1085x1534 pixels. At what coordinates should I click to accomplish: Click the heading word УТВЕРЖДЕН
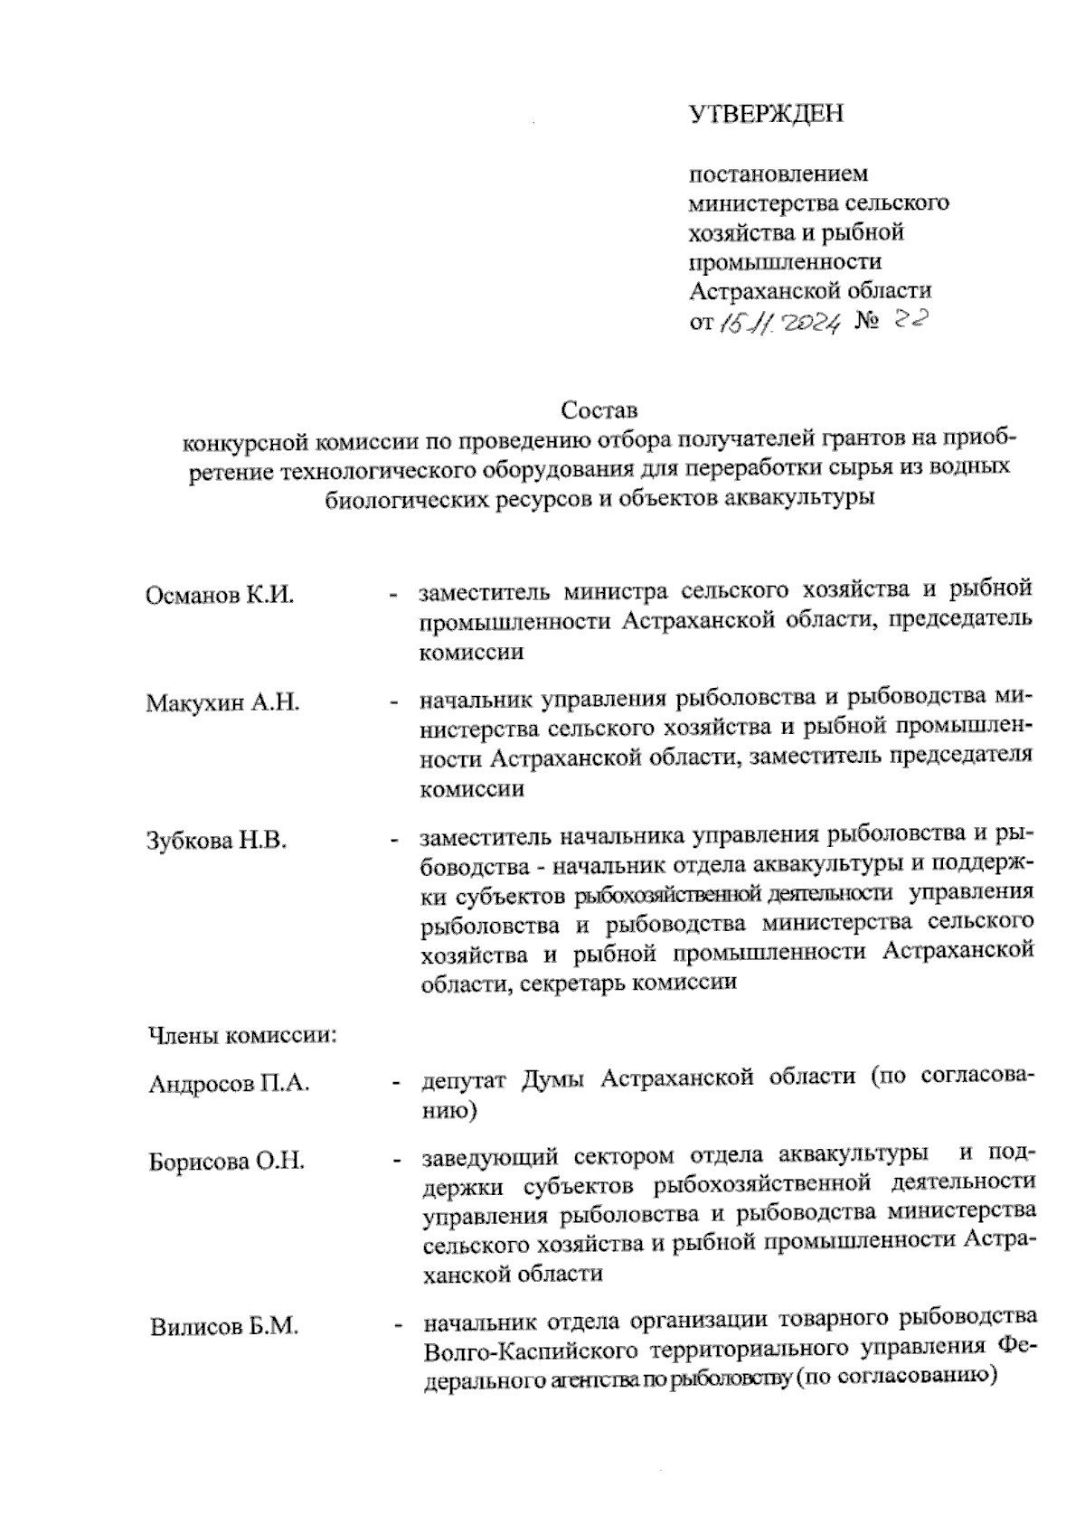(765, 115)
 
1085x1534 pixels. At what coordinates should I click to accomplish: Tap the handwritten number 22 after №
(909, 318)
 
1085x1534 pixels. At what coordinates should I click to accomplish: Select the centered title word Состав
(599, 410)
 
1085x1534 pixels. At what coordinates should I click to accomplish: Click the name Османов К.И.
(220, 596)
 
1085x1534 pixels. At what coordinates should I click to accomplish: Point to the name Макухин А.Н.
(222, 703)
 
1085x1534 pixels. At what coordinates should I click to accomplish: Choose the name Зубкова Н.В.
(216, 841)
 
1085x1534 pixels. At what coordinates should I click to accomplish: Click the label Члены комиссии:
(241, 1035)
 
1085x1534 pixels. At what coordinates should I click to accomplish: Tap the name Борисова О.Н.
(226, 1162)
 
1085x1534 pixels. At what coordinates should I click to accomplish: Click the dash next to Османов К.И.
(394, 595)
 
